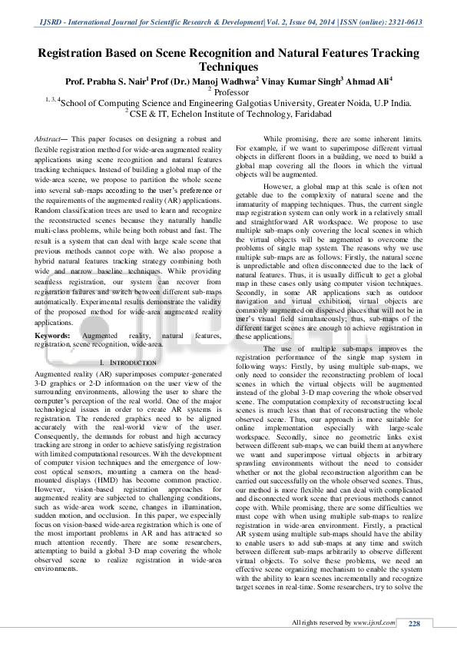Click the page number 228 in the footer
(414, 622)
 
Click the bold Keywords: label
(57, 336)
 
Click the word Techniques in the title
(229, 67)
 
